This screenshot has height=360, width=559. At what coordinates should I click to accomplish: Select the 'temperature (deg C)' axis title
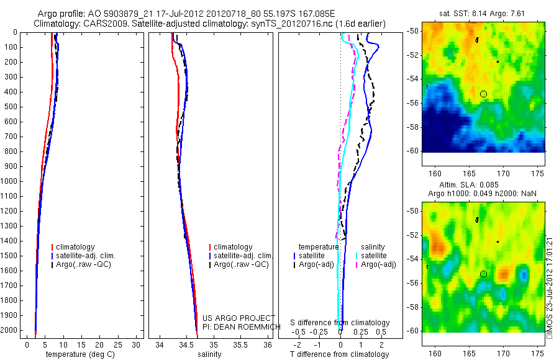tap(78, 354)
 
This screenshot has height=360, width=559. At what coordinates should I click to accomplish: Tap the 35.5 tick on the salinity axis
tap(240, 344)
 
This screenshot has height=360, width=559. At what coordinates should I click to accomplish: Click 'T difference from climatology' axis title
tap(339, 354)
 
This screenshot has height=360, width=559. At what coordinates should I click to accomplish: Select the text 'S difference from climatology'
tap(340, 323)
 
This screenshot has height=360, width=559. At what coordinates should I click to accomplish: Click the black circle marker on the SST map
tap(483, 94)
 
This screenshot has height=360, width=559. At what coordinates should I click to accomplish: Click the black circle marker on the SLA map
tap(483, 274)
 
